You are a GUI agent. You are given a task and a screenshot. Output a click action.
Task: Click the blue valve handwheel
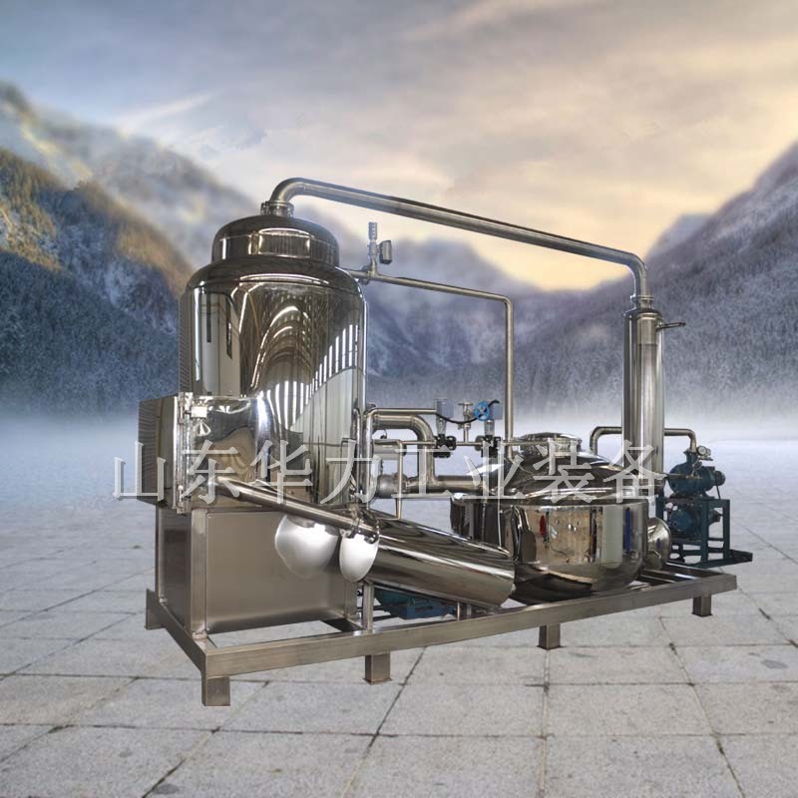point(482,410)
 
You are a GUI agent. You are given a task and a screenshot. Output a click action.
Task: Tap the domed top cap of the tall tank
point(275,239)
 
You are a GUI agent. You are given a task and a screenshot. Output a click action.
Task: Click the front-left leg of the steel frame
point(216,688)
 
